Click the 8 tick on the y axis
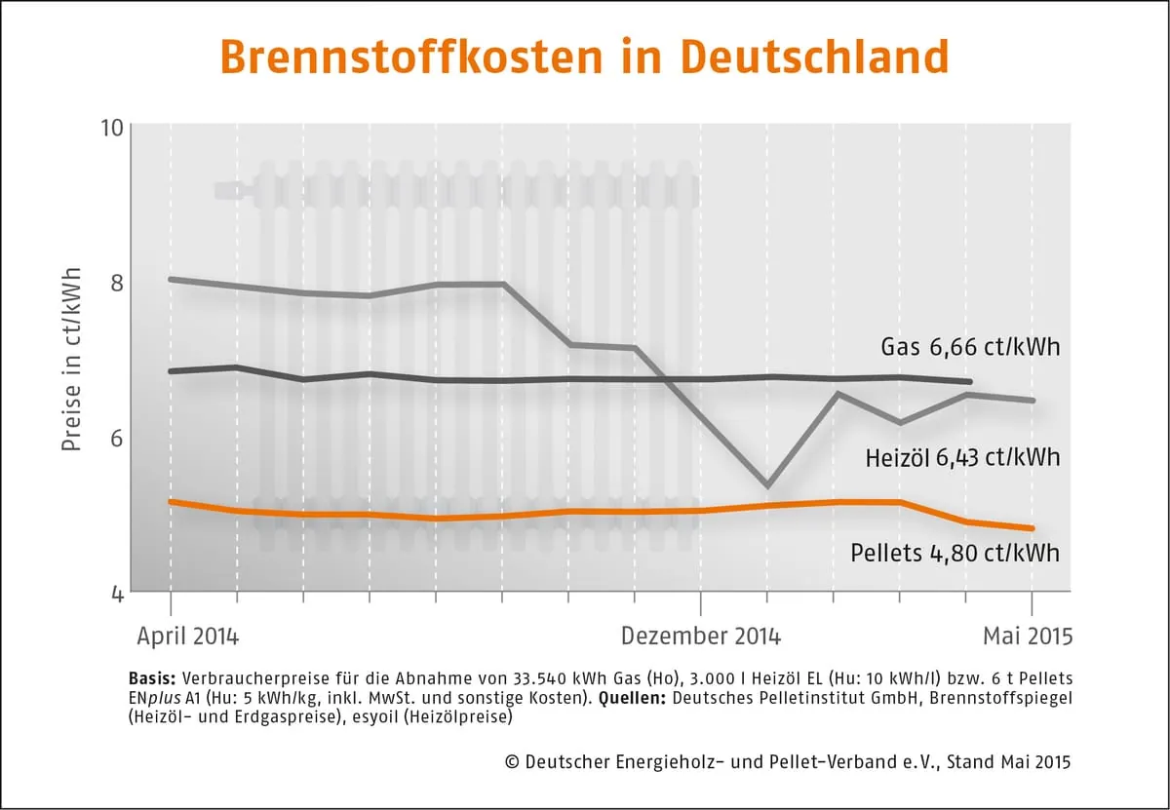117,282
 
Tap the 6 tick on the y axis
117,438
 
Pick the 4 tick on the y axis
117,592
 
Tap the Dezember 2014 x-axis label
700,636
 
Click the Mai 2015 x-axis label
1027,636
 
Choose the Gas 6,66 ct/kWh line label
969,347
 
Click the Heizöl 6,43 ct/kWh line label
962,457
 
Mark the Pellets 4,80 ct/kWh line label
955,554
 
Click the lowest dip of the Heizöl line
767,485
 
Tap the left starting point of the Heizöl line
171,279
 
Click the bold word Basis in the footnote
151,677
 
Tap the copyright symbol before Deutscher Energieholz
511,762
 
